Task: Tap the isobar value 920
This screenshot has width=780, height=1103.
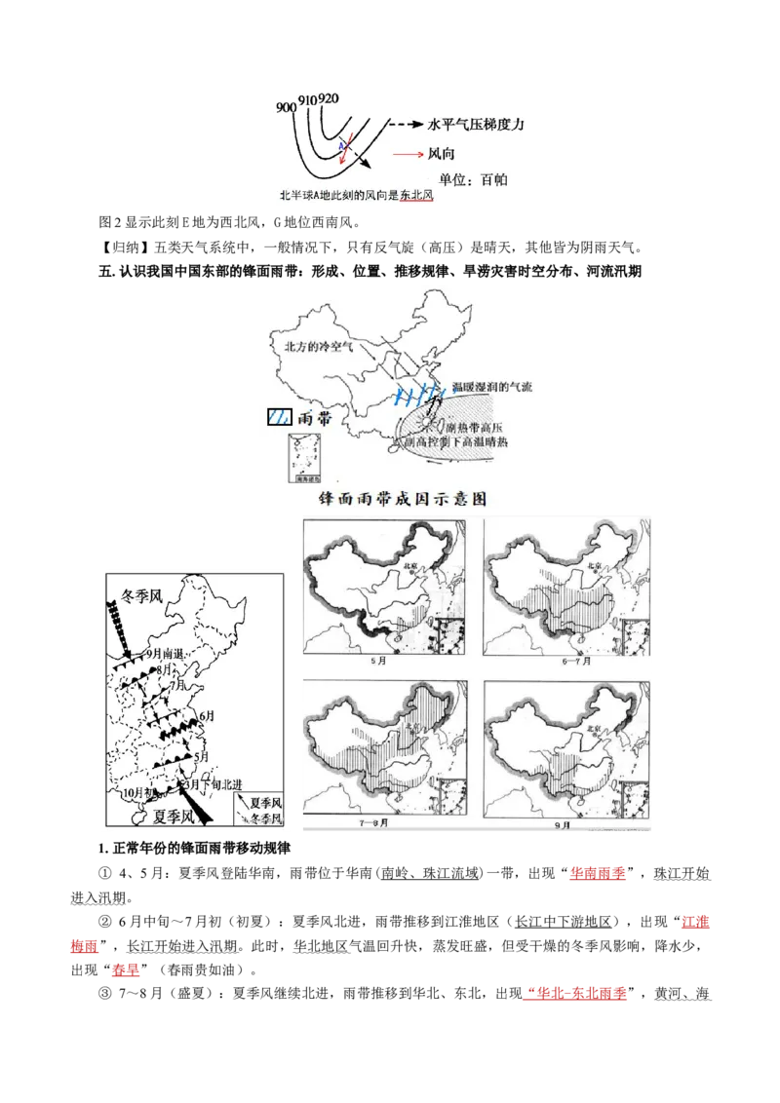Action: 329,98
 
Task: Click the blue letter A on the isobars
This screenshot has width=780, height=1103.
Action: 341,145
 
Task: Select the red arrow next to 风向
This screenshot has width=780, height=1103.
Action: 407,154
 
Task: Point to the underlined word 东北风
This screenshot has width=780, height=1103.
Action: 416,196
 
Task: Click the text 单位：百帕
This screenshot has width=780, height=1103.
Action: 473,180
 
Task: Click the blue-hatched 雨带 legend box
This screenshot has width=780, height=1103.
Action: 279,416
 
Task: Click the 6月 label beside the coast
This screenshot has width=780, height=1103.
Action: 206,716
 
